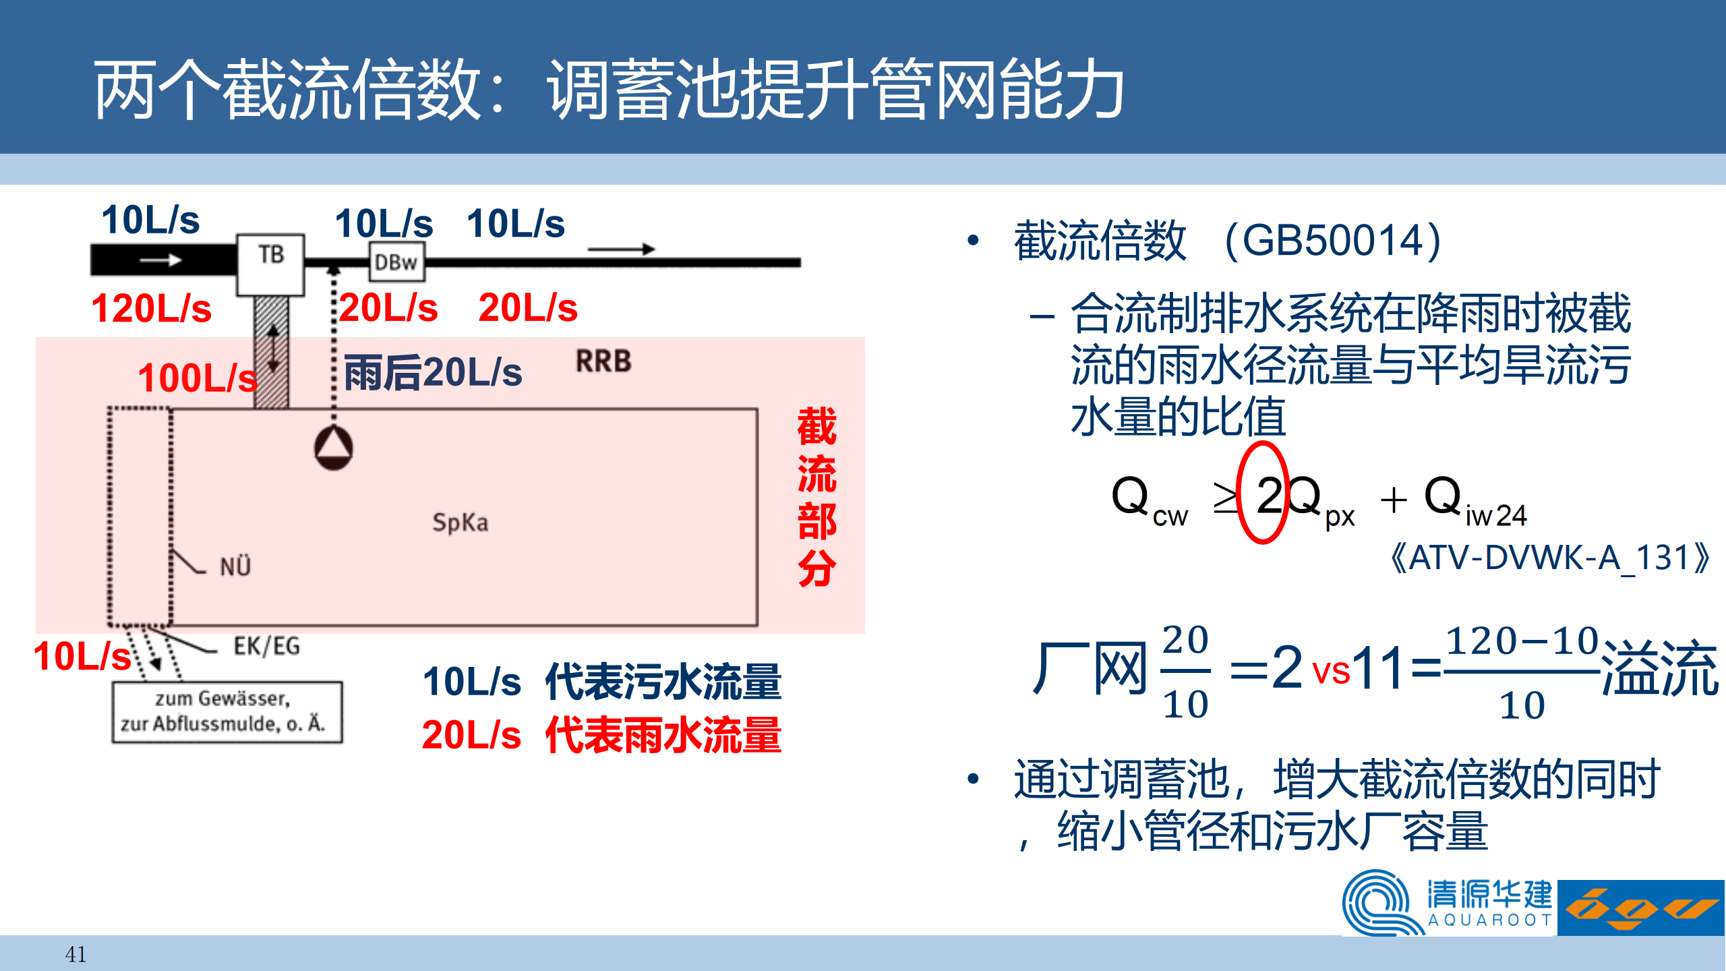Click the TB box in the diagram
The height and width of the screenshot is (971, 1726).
click(270, 265)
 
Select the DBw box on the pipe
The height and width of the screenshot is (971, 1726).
click(397, 262)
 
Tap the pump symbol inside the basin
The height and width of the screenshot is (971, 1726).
click(333, 448)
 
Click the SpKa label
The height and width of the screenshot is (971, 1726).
click(460, 523)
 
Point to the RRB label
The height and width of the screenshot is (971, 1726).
click(603, 361)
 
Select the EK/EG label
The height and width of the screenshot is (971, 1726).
click(267, 646)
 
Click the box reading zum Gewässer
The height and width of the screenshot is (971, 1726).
click(227, 712)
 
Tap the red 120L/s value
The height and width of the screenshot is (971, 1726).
click(151, 308)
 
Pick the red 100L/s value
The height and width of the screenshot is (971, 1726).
click(198, 378)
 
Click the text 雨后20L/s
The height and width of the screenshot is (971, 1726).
click(433, 372)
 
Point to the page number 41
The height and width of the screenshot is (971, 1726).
click(76, 954)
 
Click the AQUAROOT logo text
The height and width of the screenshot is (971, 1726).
click(1490, 920)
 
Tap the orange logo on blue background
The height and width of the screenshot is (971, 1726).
click(1641, 908)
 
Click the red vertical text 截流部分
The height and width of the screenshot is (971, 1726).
click(816, 497)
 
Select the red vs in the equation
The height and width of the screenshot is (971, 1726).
click(1331, 671)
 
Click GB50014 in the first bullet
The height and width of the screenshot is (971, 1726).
click(1332, 240)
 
